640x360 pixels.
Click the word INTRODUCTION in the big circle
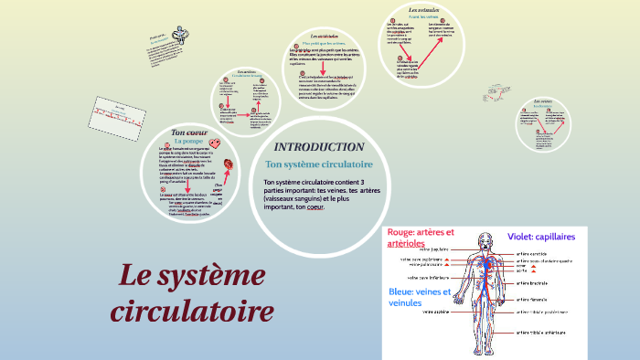tap(319, 147)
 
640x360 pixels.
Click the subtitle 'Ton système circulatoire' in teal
tap(318, 164)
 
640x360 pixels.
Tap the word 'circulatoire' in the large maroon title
tap(192, 312)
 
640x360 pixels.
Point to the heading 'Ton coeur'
tap(191, 132)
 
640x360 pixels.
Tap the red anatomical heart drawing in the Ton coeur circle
tap(229, 164)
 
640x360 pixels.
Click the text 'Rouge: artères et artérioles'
tap(420, 238)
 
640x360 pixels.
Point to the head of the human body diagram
tap(484, 239)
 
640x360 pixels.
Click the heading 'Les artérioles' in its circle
tap(324, 36)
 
